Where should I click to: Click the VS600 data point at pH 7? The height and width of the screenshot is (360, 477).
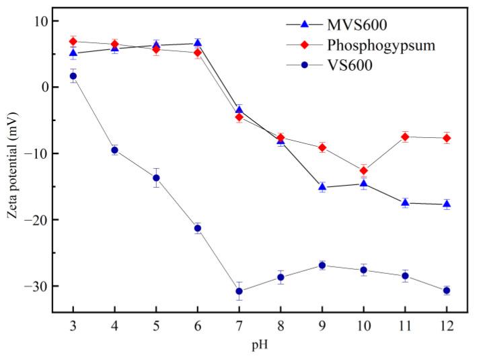click(x=239, y=291)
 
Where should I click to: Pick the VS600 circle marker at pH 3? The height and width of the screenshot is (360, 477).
click(x=73, y=76)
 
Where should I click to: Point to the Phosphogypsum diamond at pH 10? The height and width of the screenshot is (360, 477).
click(x=363, y=170)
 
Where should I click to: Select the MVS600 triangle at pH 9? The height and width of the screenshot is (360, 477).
click(x=322, y=186)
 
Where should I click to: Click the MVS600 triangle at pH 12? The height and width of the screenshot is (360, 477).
click(x=447, y=204)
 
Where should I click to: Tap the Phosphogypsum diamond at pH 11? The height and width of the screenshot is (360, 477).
click(x=405, y=137)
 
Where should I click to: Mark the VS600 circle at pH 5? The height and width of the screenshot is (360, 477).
click(x=156, y=178)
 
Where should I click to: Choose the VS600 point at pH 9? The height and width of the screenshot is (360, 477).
click(x=322, y=265)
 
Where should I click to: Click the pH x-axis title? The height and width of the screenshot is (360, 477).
click(x=260, y=346)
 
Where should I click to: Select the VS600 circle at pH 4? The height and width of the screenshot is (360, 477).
click(x=114, y=150)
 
